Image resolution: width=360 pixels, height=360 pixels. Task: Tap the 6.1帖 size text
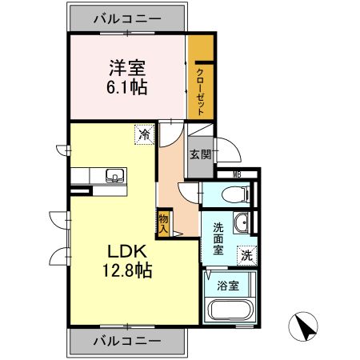126,86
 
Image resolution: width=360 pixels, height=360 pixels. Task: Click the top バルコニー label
127,17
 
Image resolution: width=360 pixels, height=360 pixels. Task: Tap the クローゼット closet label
200,90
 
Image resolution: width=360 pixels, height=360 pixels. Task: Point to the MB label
238,174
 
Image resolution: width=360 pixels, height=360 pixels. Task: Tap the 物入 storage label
162,222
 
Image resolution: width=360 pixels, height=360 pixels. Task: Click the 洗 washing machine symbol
247,256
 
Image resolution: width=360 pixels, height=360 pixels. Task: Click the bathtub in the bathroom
230,310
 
